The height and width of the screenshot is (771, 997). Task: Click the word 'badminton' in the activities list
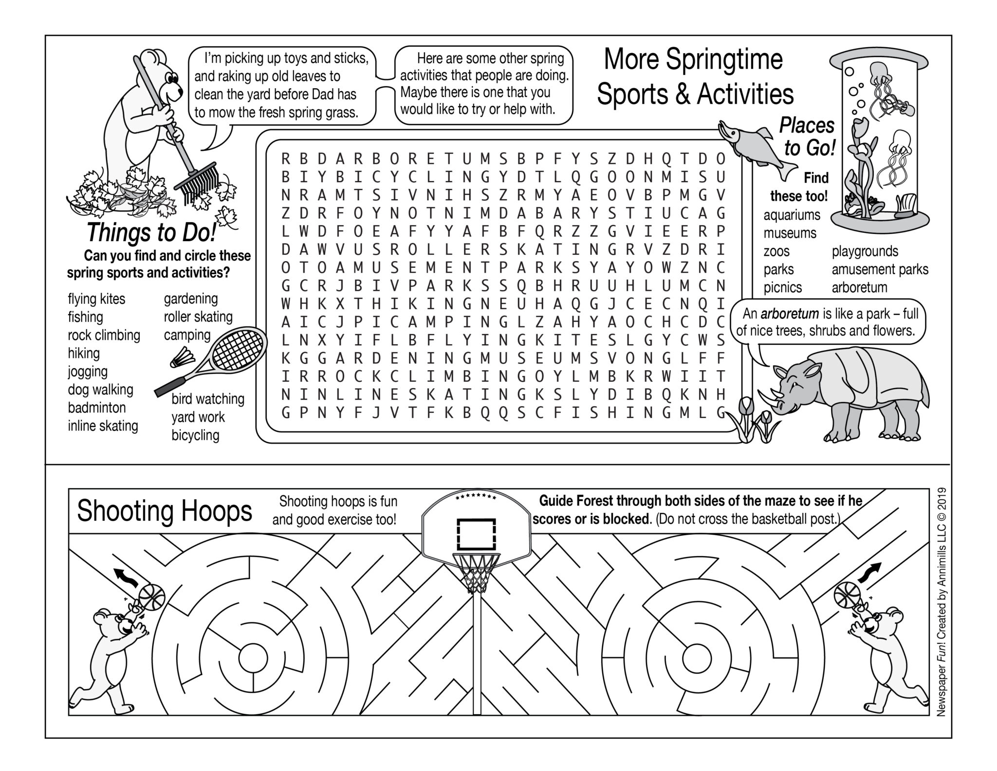tap(96, 408)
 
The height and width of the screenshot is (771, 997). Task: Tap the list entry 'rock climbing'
tap(104, 335)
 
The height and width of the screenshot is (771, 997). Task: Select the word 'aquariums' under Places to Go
tap(792, 215)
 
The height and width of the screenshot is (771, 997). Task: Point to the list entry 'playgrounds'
tap(865, 251)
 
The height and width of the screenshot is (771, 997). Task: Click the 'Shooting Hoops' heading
tap(165, 511)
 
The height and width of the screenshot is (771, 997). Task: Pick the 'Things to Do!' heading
tap(151, 232)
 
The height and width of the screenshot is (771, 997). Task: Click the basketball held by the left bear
tap(152, 597)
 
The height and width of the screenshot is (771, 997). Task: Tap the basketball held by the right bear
tap(848, 595)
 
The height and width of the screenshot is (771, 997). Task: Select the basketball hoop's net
tap(476, 573)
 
